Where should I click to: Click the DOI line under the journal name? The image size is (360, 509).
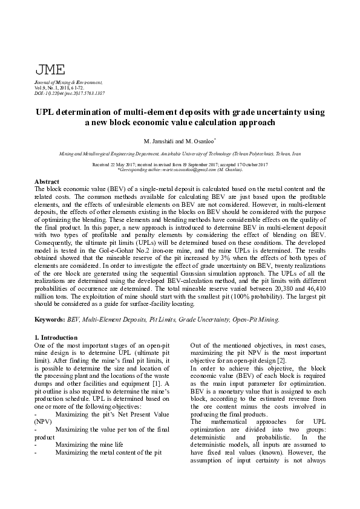point(70,94)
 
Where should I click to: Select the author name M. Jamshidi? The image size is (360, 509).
point(160,141)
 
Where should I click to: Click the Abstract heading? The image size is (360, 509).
point(47,181)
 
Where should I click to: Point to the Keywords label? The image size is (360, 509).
point(50,317)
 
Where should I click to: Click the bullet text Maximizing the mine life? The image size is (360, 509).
point(89,443)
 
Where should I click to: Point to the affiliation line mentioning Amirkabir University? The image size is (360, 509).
point(180,155)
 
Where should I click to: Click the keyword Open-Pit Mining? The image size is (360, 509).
point(256,317)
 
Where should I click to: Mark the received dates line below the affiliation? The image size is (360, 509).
point(180,164)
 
